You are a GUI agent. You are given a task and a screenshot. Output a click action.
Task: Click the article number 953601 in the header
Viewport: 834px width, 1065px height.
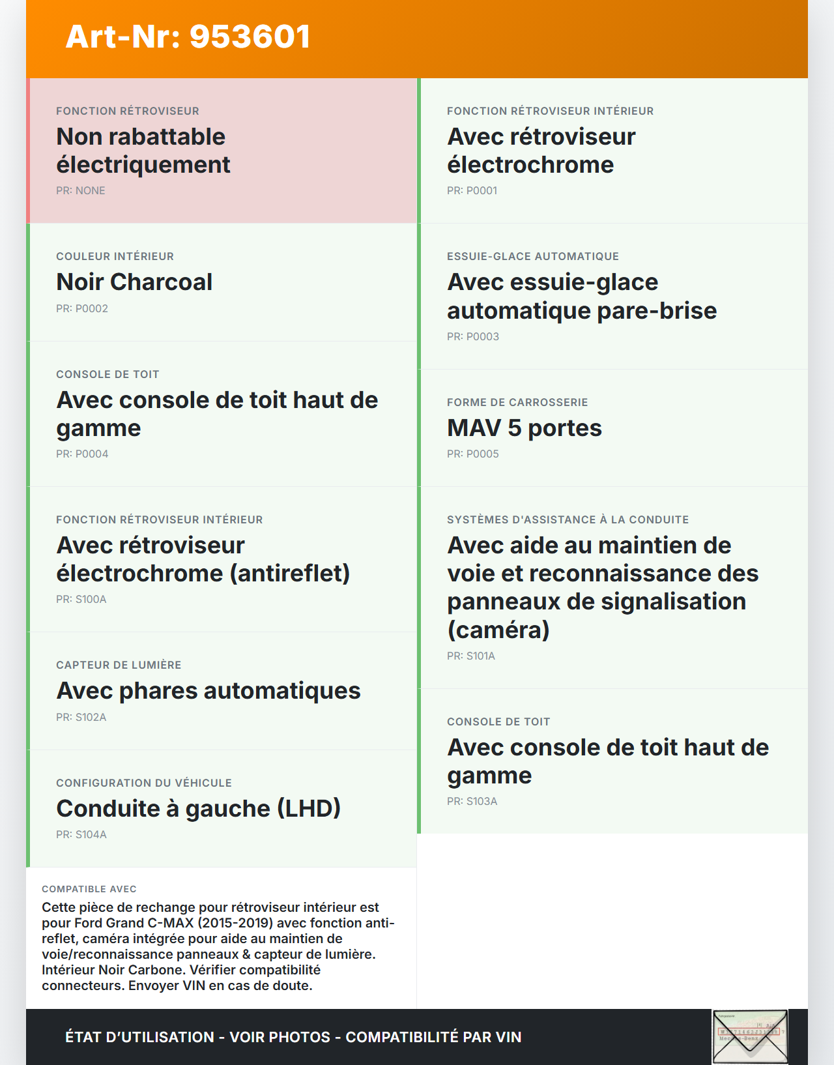coord(250,36)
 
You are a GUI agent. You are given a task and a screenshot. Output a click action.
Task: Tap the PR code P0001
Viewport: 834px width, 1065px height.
coord(472,190)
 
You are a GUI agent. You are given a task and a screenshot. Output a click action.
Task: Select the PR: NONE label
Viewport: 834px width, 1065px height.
coord(80,190)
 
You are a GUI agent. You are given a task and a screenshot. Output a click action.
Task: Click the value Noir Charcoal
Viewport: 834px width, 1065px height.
coord(134,282)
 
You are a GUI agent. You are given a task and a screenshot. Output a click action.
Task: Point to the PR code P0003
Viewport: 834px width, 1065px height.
coord(472,336)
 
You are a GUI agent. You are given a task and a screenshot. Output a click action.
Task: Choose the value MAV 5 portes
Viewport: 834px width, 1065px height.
coord(524,428)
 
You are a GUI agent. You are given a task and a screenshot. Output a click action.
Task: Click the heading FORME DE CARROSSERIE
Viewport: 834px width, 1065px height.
coord(517,402)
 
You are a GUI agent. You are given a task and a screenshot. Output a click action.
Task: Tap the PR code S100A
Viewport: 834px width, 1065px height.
coord(81,599)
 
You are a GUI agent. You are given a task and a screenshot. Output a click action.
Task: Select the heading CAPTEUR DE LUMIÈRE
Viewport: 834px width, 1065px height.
coord(119,665)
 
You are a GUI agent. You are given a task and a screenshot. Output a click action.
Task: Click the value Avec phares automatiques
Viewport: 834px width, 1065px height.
coord(208,690)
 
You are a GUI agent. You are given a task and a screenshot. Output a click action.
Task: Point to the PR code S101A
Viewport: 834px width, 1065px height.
coord(470,656)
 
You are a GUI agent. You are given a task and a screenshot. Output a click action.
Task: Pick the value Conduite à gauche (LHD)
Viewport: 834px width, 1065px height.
coord(198,808)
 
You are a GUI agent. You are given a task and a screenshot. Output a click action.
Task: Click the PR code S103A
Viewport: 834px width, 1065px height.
coord(472,801)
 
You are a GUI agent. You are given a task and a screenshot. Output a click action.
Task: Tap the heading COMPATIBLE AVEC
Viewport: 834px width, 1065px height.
coord(89,889)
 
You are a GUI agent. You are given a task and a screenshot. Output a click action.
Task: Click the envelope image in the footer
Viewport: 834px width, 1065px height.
coord(749,1036)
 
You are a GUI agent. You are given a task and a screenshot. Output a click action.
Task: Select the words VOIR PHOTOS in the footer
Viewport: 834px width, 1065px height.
coord(280,1037)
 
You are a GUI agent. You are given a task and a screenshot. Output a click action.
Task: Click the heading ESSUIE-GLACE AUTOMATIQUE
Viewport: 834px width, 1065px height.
coord(532,256)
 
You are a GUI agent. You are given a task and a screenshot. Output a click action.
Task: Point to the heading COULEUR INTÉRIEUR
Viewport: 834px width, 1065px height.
coord(115,256)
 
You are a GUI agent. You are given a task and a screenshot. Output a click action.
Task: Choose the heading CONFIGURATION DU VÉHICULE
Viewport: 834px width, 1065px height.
coord(143,783)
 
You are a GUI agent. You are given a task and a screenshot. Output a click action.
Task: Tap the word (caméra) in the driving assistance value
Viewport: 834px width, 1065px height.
coord(498,630)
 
